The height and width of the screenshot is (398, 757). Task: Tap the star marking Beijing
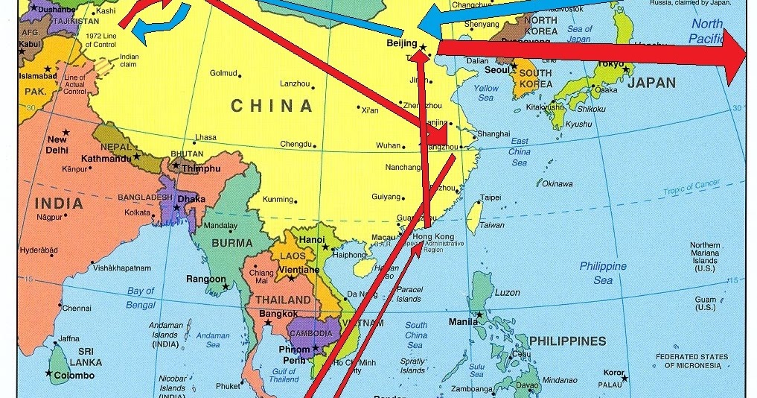(x=423, y=47)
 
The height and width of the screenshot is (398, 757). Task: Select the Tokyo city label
(x=610, y=64)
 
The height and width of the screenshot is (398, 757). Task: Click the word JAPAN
(x=651, y=83)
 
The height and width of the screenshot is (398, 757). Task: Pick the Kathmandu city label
(x=102, y=158)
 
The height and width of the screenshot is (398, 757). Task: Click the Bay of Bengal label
(x=135, y=297)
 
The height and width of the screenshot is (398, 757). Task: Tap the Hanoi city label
(x=312, y=239)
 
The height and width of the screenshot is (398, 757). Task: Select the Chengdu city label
(x=296, y=144)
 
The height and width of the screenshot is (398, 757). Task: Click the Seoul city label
(x=496, y=70)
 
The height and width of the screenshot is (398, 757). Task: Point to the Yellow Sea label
(x=486, y=92)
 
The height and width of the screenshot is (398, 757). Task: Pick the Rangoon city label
(x=205, y=279)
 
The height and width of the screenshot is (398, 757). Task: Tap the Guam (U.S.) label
(x=704, y=303)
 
